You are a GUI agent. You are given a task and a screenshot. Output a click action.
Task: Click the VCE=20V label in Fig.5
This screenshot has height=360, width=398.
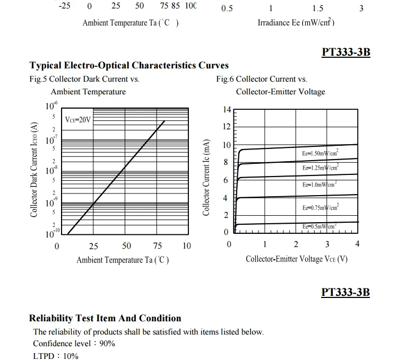(x=78, y=120)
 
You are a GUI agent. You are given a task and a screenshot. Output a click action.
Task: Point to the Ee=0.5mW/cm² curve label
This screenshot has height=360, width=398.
(x=319, y=227)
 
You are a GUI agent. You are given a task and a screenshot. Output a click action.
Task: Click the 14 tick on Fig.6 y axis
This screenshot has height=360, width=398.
(x=227, y=110)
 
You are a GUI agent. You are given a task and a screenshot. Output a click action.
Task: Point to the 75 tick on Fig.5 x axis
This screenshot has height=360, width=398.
(x=158, y=246)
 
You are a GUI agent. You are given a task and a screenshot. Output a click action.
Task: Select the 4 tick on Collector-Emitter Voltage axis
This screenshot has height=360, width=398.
(x=357, y=244)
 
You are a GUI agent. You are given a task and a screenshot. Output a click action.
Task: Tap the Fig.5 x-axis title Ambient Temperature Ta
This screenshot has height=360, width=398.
(x=123, y=260)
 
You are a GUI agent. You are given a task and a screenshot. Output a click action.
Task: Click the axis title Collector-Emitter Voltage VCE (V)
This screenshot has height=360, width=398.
(x=297, y=259)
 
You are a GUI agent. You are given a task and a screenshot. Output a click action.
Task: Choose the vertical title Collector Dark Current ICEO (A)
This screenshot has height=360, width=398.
(x=34, y=169)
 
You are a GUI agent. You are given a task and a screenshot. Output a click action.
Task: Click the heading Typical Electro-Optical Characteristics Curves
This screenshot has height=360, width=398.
(x=129, y=66)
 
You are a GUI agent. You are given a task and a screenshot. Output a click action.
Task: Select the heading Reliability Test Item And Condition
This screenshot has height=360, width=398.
(x=105, y=319)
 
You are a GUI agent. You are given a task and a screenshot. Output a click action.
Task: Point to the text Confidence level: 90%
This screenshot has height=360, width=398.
(x=74, y=344)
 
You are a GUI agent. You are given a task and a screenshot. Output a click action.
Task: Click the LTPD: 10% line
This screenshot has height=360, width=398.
(x=56, y=356)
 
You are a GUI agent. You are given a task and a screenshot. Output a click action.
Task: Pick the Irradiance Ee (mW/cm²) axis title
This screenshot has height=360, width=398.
(x=296, y=22)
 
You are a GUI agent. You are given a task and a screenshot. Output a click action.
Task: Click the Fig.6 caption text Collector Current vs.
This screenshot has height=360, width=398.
(x=262, y=79)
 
